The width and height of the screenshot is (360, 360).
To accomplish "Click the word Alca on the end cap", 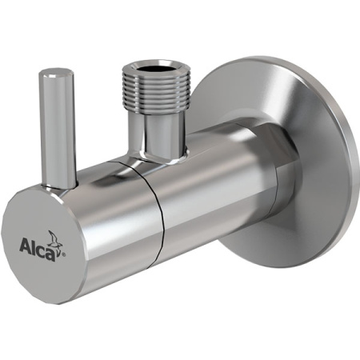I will tap(35, 240).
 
